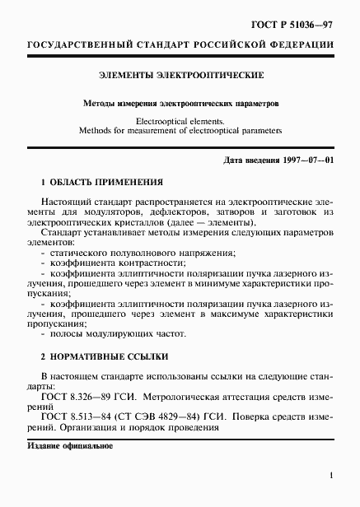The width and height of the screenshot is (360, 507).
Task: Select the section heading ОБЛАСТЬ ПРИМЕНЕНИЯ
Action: coord(107,182)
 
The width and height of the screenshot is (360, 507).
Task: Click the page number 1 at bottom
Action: coord(330,476)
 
